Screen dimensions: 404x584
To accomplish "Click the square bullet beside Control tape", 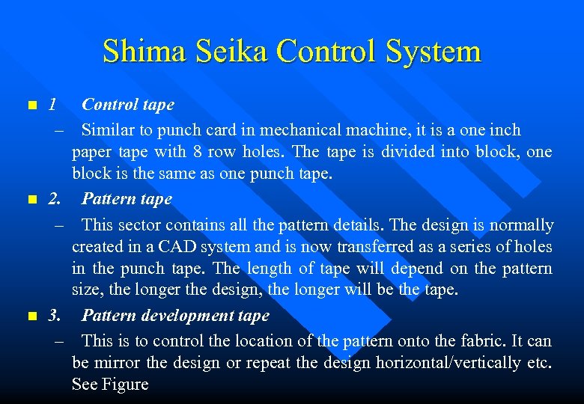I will coord(30,105).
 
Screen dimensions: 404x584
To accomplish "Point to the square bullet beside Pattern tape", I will coord(30,200).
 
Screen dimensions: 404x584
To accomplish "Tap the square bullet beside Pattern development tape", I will coord(30,316).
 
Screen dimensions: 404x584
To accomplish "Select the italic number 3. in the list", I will coord(55,316).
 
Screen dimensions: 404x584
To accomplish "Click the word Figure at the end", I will coord(126,385).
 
